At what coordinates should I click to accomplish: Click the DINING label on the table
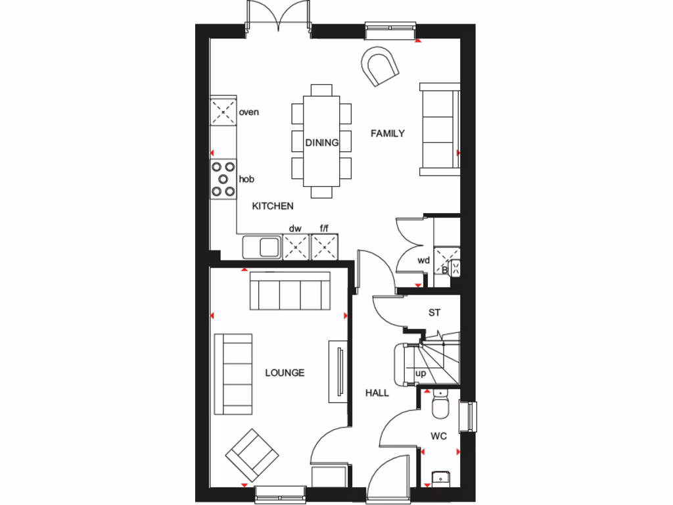321,142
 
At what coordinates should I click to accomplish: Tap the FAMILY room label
388,133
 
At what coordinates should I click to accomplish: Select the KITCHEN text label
273,206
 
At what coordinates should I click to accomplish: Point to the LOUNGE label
285,373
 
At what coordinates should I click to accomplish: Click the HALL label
377,393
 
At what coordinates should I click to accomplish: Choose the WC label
439,435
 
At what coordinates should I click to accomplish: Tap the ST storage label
434,313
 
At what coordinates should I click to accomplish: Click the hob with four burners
223,179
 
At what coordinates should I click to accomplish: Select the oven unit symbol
223,112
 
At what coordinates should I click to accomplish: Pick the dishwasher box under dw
296,248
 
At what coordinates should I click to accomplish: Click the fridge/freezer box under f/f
324,248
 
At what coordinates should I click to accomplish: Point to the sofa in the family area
440,130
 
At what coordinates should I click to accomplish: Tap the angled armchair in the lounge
252,454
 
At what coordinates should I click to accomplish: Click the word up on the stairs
421,373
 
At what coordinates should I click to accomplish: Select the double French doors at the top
278,17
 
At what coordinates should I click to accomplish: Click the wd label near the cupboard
423,260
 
